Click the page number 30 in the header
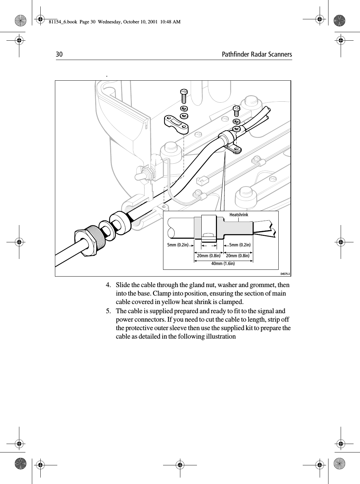click(x=59, y=55)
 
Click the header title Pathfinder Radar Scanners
click(x=257, y=55)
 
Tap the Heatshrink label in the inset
click(x=239, y=215)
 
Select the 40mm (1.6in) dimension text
click(x=223, y=263)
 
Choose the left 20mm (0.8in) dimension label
click(x=208, y=256)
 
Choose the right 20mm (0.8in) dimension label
click(x=238, y=256)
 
